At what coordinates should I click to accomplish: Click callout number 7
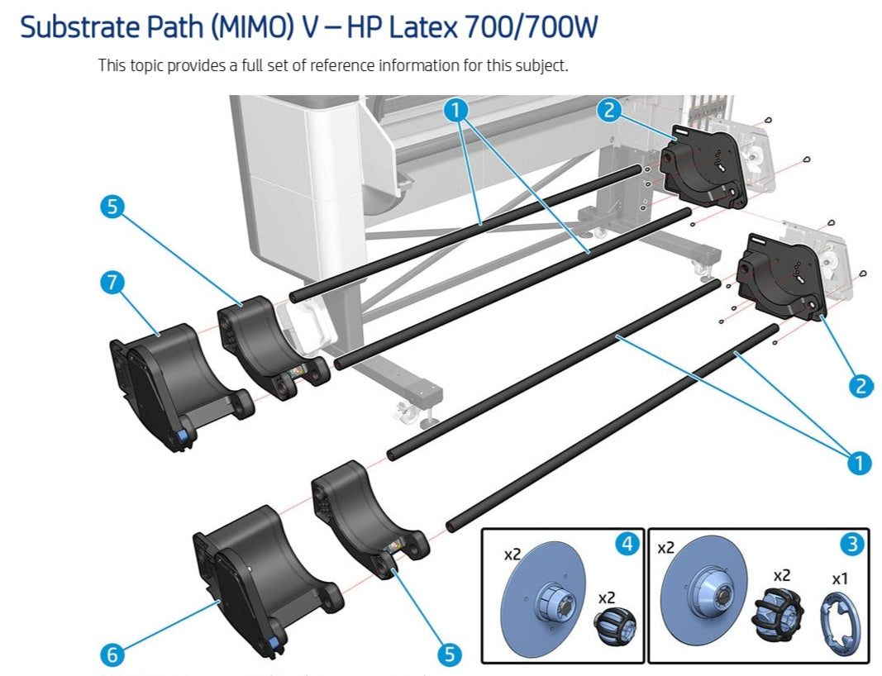[112, 283]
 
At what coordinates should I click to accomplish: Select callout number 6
[112, 655]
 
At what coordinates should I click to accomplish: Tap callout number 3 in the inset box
[851, 544]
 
